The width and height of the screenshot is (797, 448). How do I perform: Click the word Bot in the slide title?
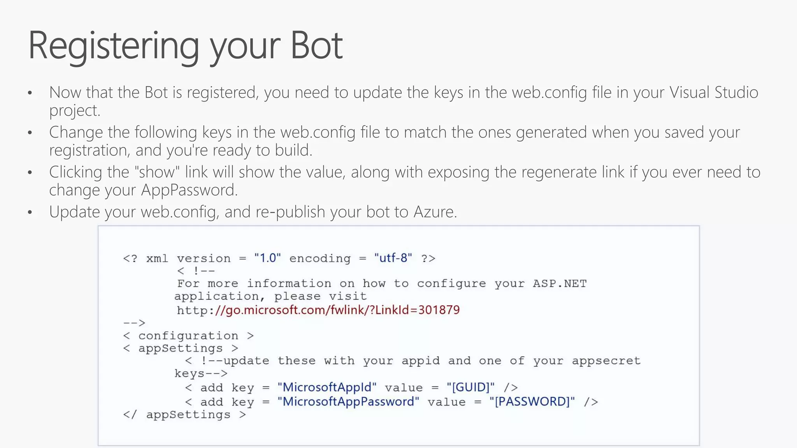click(x=316, y=45)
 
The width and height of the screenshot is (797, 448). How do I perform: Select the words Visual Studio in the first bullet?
click(x=714, y=93)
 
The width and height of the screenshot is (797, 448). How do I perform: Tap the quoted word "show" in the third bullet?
click(x=159, y=172)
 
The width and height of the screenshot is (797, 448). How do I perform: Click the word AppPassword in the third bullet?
click(x=189, y=190)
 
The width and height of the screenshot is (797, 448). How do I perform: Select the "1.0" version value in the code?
click(x=267, y=258)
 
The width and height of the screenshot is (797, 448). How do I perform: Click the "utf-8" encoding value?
click(x=393, y=258)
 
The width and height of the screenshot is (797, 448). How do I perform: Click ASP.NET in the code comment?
click(x=559, y=283)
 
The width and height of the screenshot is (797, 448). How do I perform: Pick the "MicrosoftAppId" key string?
click(x=327, y=387)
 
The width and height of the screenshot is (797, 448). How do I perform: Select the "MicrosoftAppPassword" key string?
click(x=348, y=401)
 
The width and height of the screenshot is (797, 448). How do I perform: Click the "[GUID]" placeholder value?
click(x=470, y=387)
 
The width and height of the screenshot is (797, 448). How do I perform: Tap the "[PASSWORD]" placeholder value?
click(x=532, y=401)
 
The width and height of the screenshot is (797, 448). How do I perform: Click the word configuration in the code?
click(x=188, y=336)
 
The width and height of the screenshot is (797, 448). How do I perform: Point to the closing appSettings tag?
click(x=184, y=415)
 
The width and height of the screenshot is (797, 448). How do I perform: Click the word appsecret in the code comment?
click(x=606, y=360)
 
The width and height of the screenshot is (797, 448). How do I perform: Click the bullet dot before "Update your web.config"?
click(x=30, y=212)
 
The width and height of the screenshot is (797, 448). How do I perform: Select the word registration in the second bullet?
click(x=89, y=150)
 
